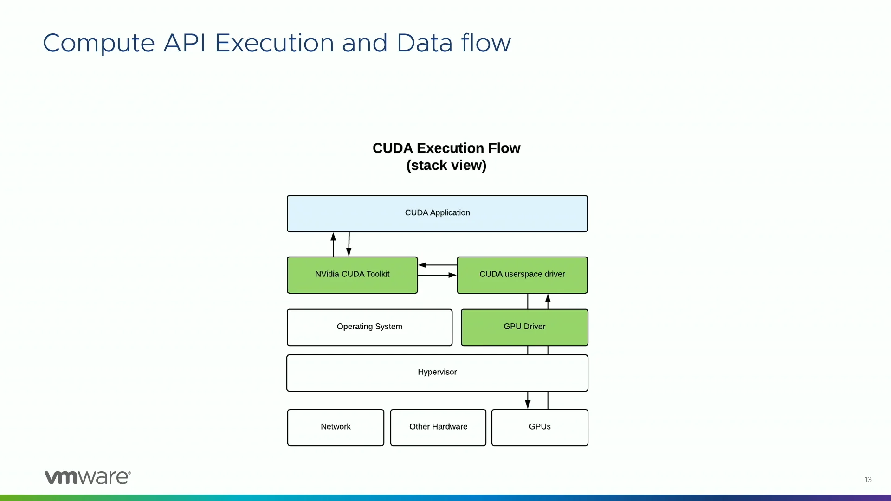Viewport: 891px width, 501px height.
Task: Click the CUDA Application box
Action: (437, 213)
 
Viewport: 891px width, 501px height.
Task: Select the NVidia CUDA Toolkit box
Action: (352, 275)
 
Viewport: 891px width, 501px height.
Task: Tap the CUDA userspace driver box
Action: (522, 275)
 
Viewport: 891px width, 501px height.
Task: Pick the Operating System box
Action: (369, 328)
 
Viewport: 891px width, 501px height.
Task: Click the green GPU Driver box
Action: (524, 328)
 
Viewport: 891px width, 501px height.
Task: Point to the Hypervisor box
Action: (437, 373)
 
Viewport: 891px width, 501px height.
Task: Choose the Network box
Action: (336, 428)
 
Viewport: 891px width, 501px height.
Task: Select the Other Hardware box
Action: (438, 428)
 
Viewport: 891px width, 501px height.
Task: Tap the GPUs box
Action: (540, 428)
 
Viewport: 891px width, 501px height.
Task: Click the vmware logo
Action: (88, 477)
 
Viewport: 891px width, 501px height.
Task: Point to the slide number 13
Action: (868, 480)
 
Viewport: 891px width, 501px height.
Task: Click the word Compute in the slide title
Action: (99, 44)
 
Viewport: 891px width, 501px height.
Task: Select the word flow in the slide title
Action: (486, 42)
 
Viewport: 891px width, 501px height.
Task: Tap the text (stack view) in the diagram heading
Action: (446, 166)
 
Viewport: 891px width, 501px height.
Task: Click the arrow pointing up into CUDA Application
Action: (333, 244)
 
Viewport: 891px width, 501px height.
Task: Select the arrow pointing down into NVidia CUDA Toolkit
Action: (349, 244)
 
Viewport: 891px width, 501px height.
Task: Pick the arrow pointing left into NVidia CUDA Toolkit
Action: (438, 265)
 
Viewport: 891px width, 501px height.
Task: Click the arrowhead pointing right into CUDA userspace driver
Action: (452, 275)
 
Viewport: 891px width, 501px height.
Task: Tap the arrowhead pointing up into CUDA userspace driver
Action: (548, 298)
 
